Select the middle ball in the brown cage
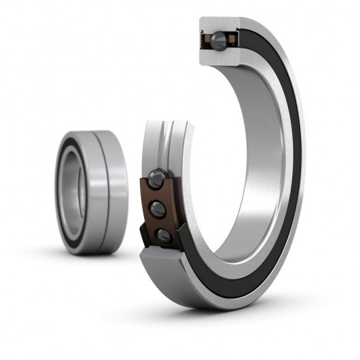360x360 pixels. click(x=158, y=208)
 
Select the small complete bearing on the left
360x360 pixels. click(x=92, y=192)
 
